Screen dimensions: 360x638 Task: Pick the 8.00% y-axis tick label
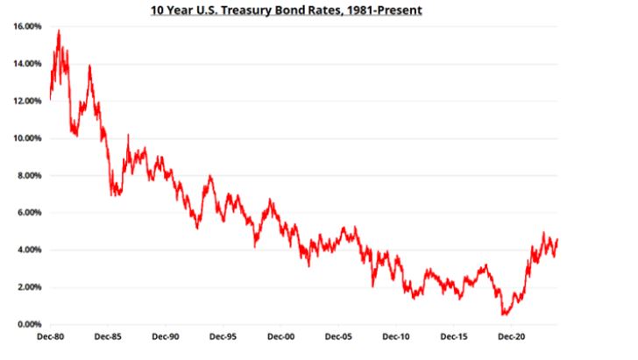point(26,175)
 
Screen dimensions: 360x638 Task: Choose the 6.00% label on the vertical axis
point(26,213)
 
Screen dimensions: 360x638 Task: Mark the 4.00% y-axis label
point(26,250)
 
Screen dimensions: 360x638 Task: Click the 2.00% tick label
point(26,287)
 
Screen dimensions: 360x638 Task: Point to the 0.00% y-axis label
point(26,324)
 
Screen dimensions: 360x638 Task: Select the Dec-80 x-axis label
point(50,336)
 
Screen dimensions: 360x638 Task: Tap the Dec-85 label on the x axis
point(107,336)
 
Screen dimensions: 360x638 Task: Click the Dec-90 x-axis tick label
point(165,336)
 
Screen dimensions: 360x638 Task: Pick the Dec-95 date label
point(223,336)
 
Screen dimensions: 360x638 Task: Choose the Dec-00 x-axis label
point(280,336)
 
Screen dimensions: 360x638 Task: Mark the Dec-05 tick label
point(338,336)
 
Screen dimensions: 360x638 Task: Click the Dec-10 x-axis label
point(396,336)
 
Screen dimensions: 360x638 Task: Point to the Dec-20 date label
point(511,336)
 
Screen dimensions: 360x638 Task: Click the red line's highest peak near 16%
point(59,31)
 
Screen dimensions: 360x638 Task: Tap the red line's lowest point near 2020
point(505,314)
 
